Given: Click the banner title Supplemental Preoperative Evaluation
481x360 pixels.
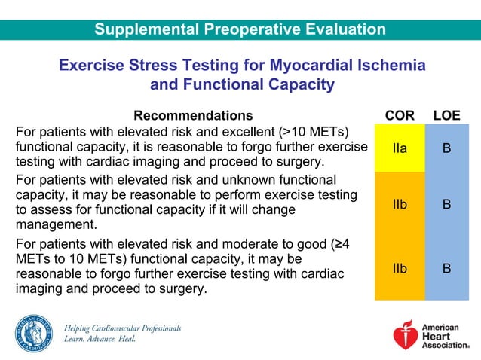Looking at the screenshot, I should tap(240, 30).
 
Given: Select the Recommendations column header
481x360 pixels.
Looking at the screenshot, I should tap(193, 115).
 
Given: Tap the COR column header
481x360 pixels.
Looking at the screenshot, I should tap(400, 115).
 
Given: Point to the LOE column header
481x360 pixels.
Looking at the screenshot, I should tap(446, 115).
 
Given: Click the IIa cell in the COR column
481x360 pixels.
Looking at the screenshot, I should tap(400, 148).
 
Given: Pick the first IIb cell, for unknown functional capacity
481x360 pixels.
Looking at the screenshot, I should tap(400, 204).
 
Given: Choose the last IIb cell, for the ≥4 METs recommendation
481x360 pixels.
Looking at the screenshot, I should tap(400, 267).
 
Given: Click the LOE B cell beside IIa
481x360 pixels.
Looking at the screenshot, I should tap(446, 148).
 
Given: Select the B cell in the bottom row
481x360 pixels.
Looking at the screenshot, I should tap(446, 267).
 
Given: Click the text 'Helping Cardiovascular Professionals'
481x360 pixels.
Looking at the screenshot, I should tap(122, 328).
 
